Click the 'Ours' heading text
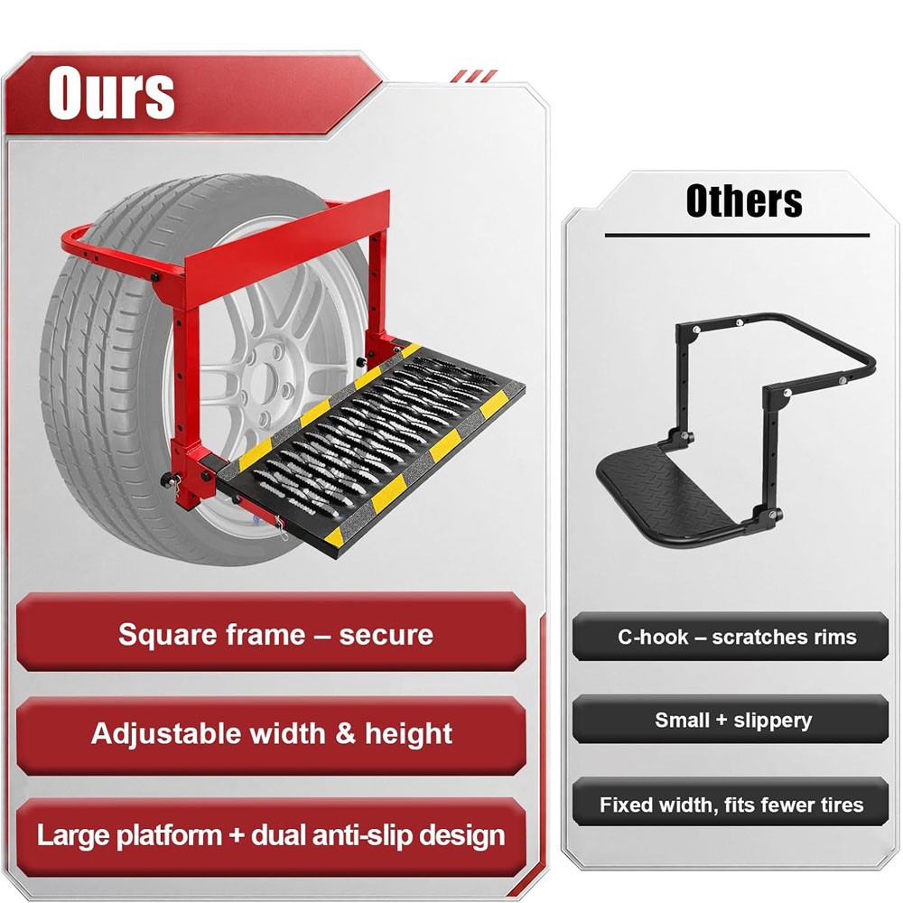111,92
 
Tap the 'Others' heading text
743,200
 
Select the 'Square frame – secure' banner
271,632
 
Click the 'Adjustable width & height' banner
271,735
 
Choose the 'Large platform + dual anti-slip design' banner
271,836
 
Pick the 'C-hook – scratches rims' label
731,637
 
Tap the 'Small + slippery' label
731,720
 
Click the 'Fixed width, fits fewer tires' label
731,803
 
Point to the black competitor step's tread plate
671,489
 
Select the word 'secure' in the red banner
386,635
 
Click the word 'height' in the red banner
408,735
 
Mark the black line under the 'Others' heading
737,235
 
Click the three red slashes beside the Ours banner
473,76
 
